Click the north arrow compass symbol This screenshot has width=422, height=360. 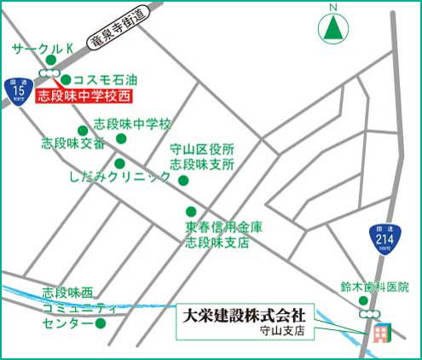point(334,27)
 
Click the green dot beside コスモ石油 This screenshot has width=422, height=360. point(66,79)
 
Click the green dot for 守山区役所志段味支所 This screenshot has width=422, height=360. point(182,180)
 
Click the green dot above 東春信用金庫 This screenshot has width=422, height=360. point(191,212)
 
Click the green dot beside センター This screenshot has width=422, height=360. point(100,323)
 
